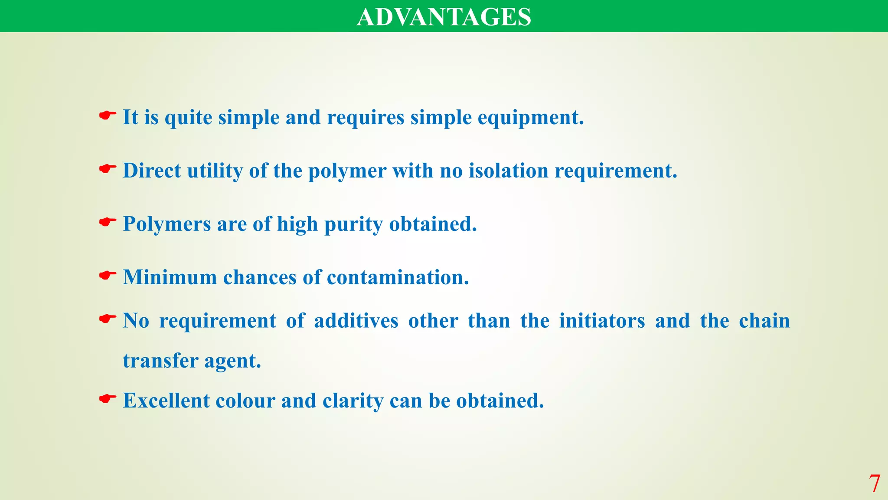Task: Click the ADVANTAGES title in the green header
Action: click(444, 17)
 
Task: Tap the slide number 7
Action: click(874, 484)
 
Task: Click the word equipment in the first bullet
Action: click(531, 118)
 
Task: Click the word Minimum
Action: click(170, 277)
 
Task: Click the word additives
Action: click(356, 321)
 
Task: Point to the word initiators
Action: click(602, 321)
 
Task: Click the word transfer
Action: click(160, 361)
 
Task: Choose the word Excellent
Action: click(166, 401)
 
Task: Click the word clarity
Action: click(353, 401)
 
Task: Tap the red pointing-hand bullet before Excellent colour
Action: click(107, 398)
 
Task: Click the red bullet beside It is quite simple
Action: click(107, 115)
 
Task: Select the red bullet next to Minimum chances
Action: click(107, 275)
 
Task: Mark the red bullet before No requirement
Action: click(107, 319)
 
